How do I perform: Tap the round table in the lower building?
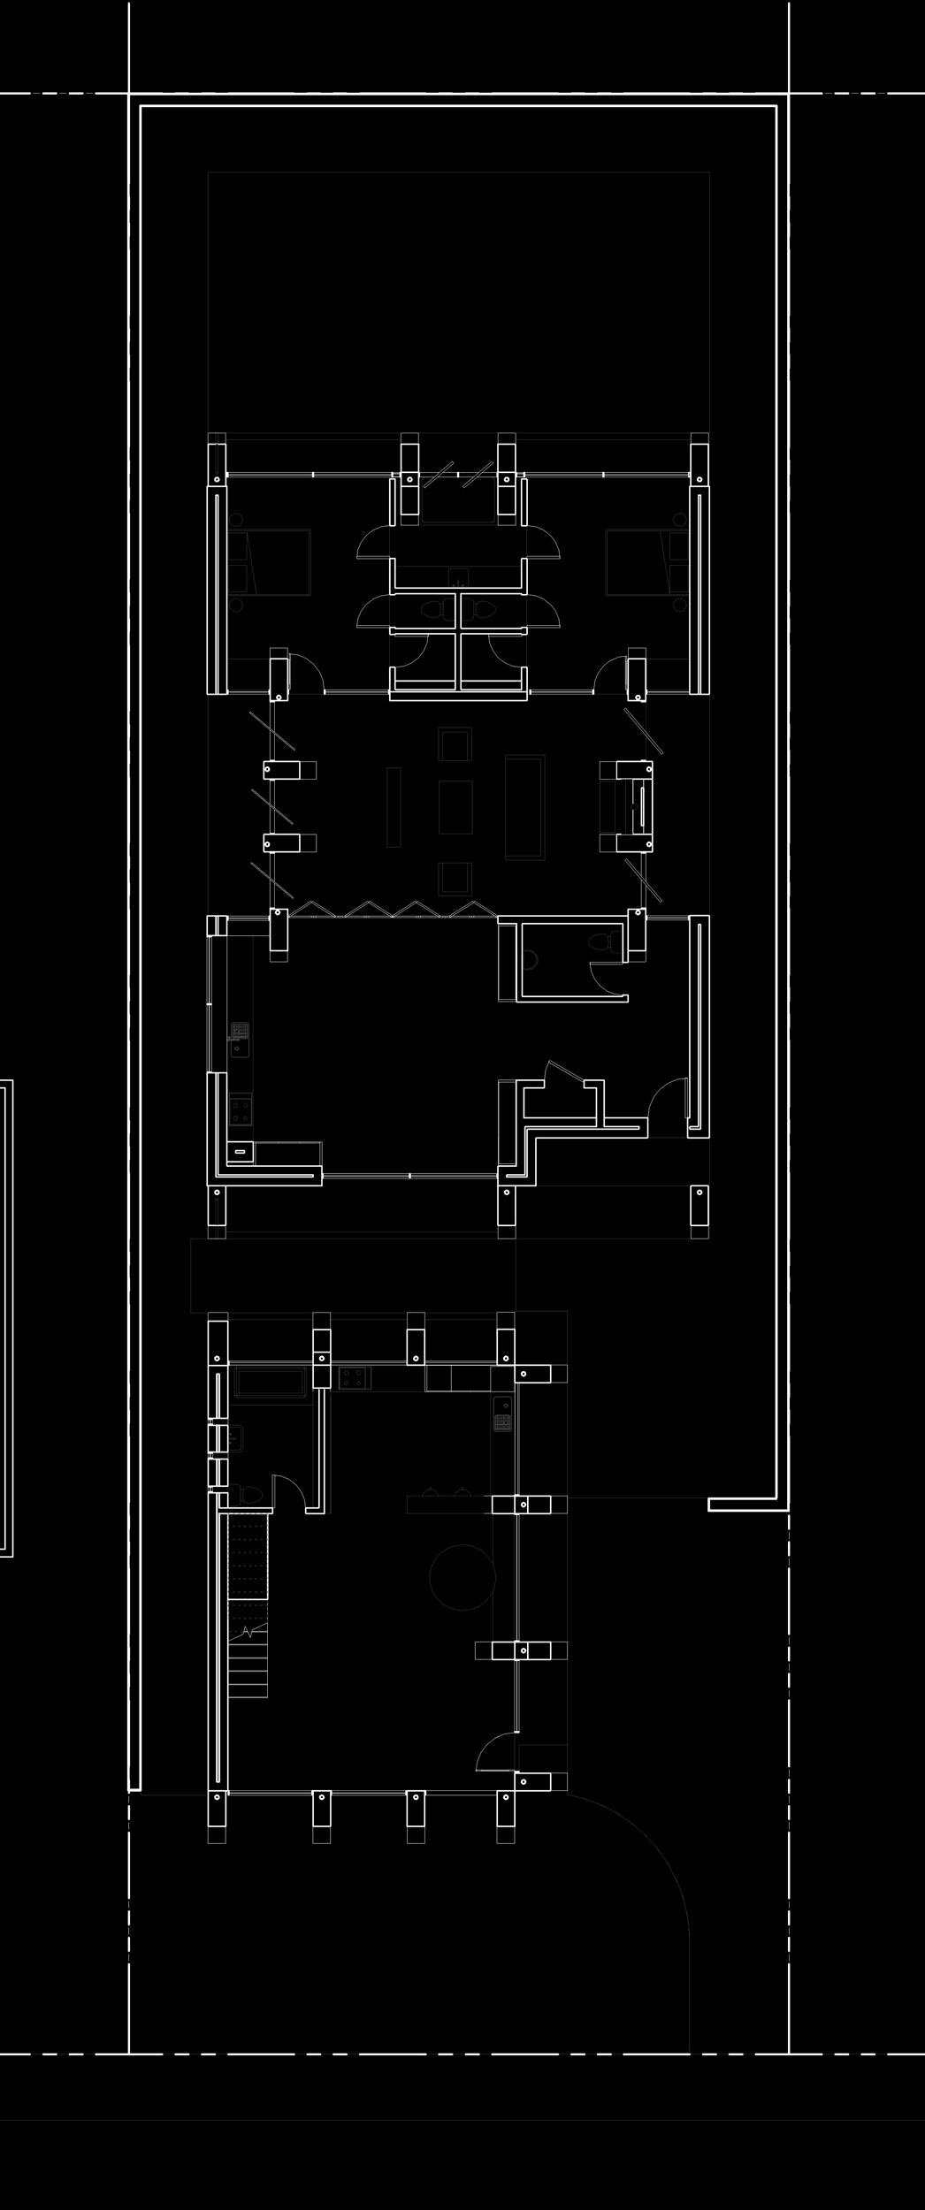pyautogui.click(x=462, y=1577)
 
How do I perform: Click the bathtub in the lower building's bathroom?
pyautogui.click(x=271, y=1382)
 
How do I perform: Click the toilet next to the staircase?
pyautogui.click(x=250, y=1494)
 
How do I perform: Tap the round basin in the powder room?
pyautogui.click(x=531, y=957)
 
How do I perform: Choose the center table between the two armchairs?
pyautogui.click(x=455, y=806)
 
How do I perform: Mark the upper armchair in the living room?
pyautogui.click(x=455, y=744)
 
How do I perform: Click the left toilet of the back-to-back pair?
pyautogui.click(x=433, y=609)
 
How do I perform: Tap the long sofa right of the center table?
pyautogui.click(x=525, y=806)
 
